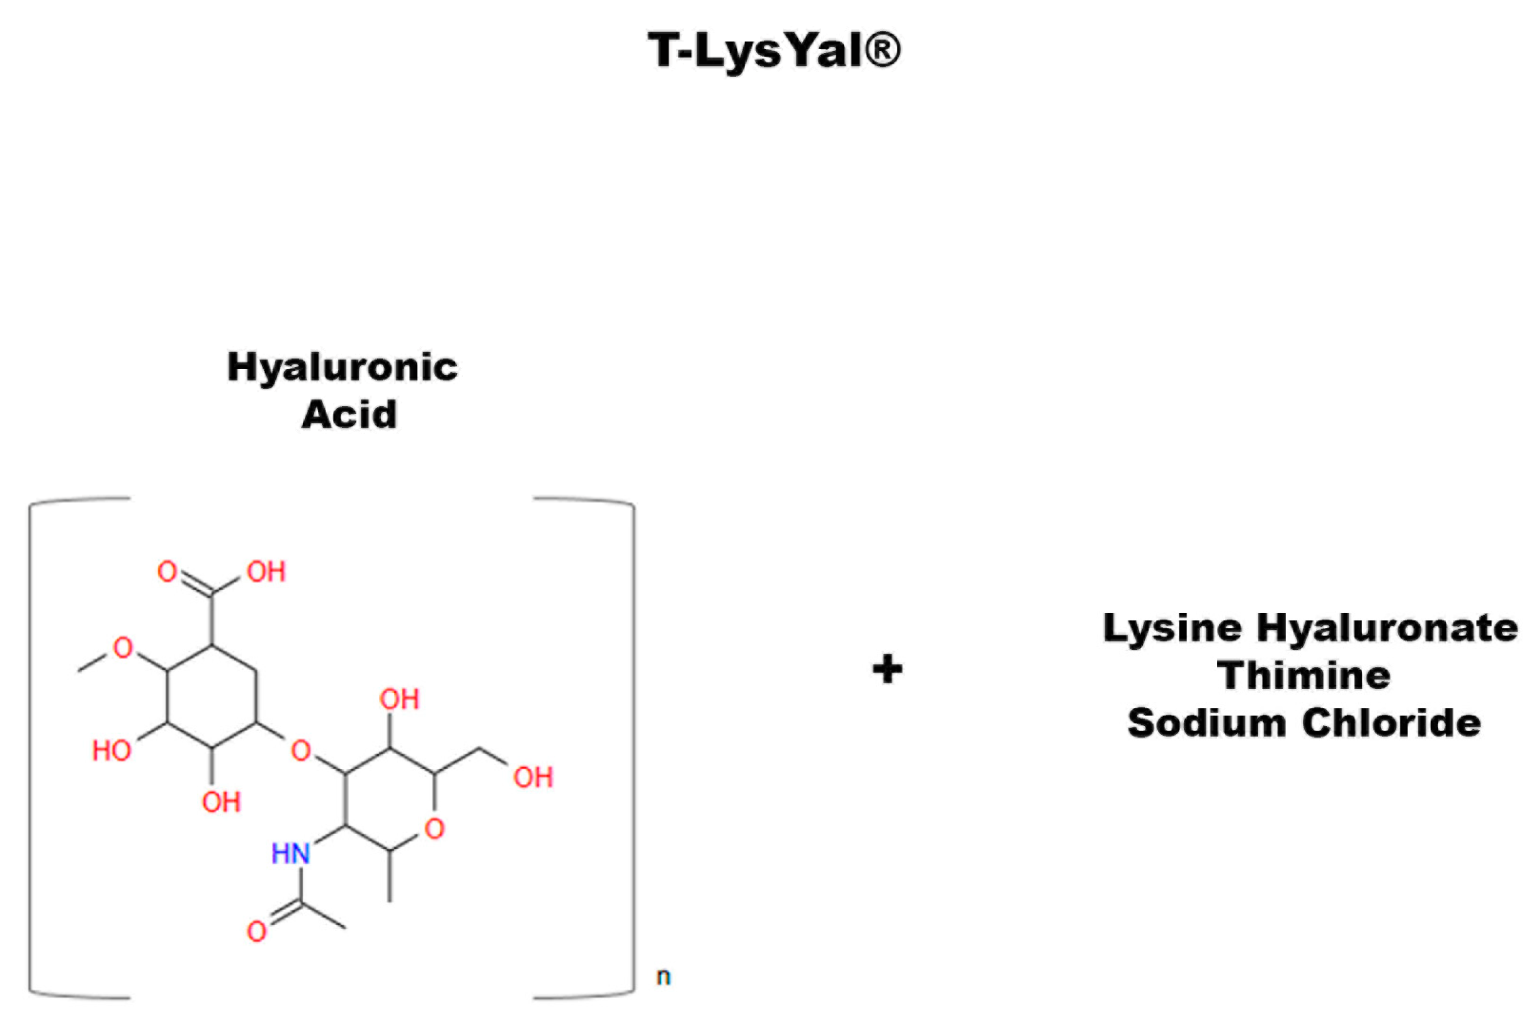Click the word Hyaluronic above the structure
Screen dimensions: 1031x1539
click(342, 368)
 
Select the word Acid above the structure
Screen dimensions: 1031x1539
click(349, 414)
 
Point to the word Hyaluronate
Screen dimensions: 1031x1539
click(1387, 629)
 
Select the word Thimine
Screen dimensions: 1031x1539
click(1303, 675)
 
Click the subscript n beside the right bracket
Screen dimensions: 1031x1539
click(663, 977)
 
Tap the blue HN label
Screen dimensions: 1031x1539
click(290, 853)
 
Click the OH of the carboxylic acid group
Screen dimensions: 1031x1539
click(266, 572)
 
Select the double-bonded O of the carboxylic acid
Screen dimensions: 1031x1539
click(167, 571)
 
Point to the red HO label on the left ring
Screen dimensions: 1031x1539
click(111, 751)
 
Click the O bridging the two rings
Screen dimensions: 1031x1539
click(300, 750)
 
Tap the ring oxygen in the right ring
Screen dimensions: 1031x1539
click(434, 829)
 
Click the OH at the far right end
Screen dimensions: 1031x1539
click(533, 778)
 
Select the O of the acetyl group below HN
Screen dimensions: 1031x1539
click(256, 931)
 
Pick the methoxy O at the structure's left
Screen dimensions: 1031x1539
click(123, 648)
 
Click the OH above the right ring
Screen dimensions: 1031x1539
click(399, 699)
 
